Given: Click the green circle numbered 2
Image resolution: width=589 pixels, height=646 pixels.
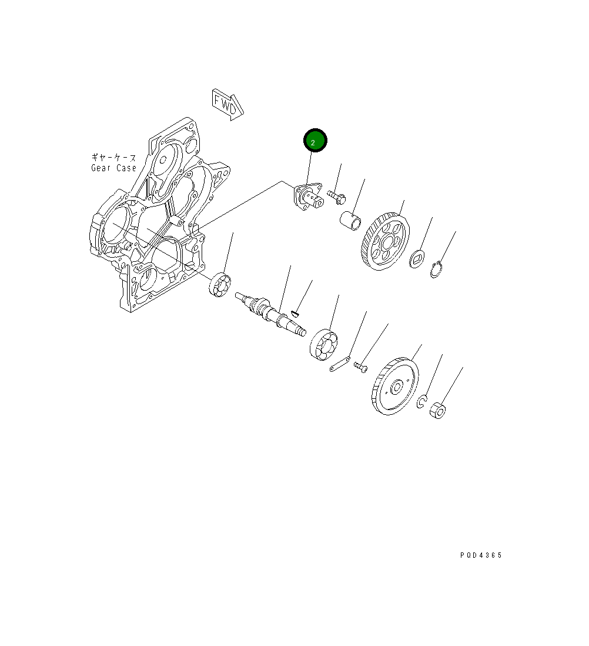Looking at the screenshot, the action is pos(315,141).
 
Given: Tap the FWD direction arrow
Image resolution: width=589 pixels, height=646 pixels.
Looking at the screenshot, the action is pos(227,104).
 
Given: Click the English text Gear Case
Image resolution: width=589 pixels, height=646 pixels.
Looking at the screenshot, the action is pos(113,168).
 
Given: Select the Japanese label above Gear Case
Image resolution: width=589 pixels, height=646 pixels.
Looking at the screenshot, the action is pos(113,157).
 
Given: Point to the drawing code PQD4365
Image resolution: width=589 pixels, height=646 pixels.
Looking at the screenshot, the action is pos(481,555).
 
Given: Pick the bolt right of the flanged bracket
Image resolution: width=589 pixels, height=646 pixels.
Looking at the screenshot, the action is pos(336,197).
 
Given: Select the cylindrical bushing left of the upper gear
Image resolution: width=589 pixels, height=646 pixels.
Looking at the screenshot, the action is pos(351,221).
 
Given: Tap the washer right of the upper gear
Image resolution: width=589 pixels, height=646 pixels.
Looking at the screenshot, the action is pos(417,259).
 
